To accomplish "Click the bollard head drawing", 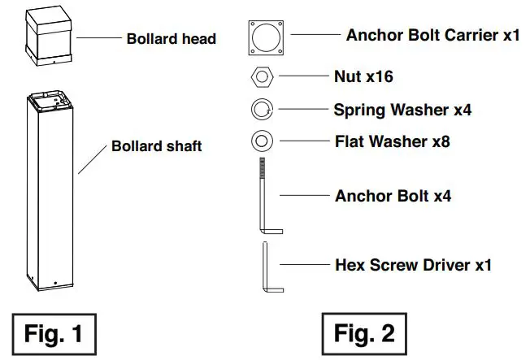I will coord(51,38).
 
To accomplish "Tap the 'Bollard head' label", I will coord(172,38).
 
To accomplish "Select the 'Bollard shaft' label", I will coord(156,147).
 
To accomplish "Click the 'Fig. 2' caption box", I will coord(362,333).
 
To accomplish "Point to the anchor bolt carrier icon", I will coord(267,36).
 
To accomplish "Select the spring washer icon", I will coord(262,109).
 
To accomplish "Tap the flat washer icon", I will coord(262,141).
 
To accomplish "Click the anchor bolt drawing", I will coord(265,196).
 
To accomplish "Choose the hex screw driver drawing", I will coord(266,267).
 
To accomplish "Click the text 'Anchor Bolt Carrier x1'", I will coord(432,36).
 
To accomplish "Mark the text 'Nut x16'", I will coord(364,77).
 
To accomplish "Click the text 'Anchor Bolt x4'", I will coord(393,196).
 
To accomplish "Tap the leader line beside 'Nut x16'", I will coord(302,78).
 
